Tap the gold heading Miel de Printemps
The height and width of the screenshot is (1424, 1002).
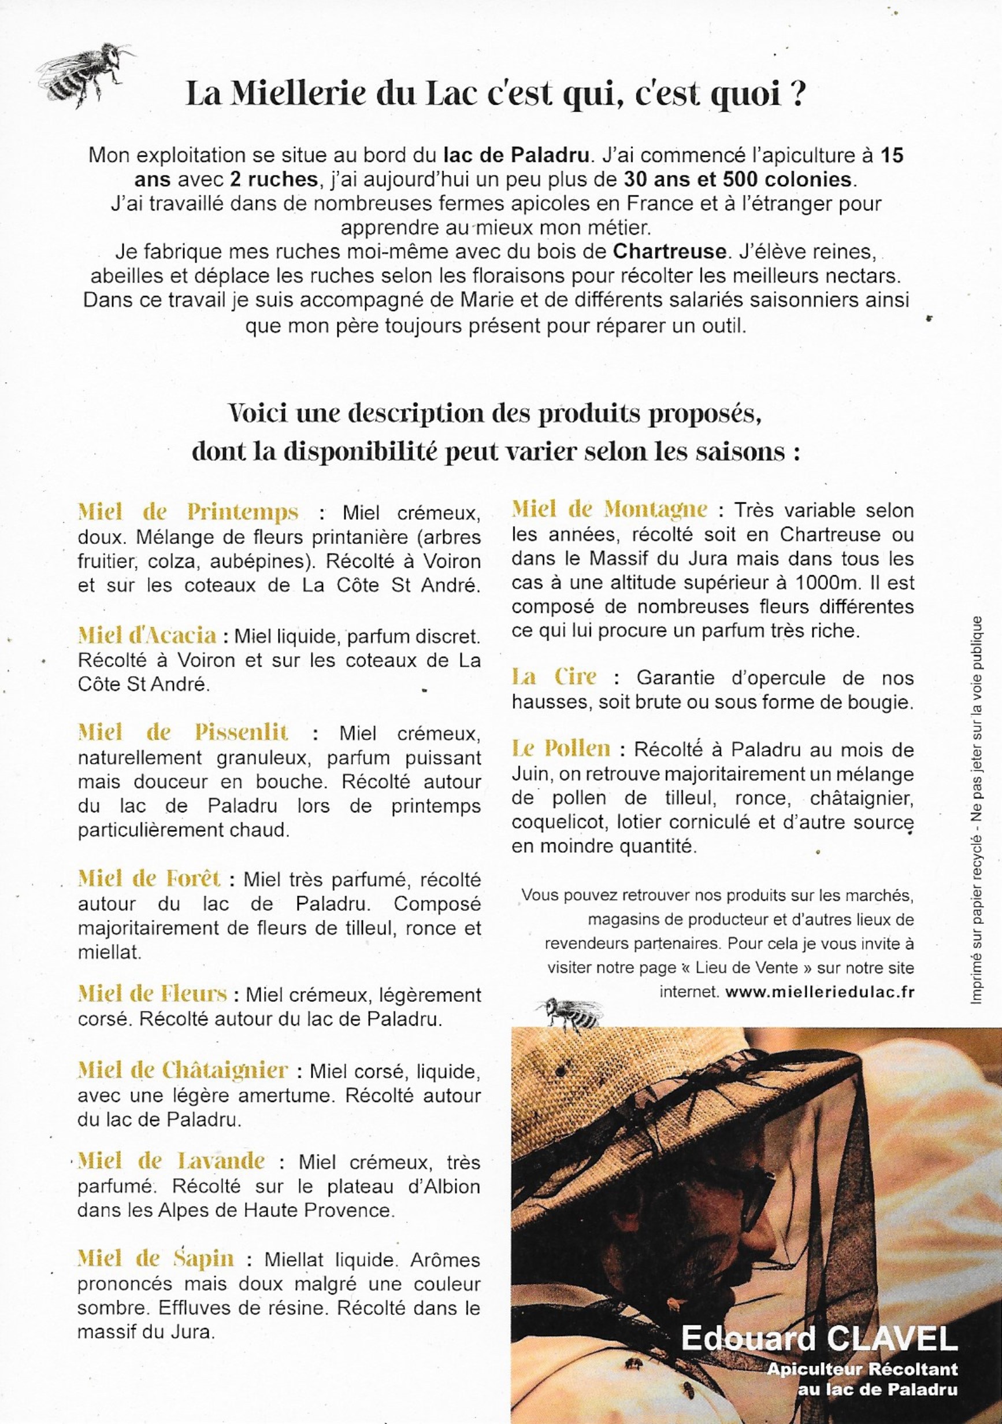[188, 512]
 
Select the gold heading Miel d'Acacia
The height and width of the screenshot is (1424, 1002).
[147, 635]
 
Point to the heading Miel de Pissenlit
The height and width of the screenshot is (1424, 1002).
[183, 733]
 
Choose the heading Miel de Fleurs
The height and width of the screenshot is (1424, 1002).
[153, 994]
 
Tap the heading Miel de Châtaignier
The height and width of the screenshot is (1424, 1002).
[183, 1071]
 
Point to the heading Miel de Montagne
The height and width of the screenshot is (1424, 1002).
[609, 510]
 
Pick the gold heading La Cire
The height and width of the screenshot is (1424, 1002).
[554, 676]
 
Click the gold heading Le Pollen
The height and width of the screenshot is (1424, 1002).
[561, 749]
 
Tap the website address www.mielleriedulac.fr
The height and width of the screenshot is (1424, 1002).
[820, 992]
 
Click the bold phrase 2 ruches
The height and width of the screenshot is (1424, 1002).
[273, 179]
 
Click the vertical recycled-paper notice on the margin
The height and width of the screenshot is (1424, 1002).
[978, 810]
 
